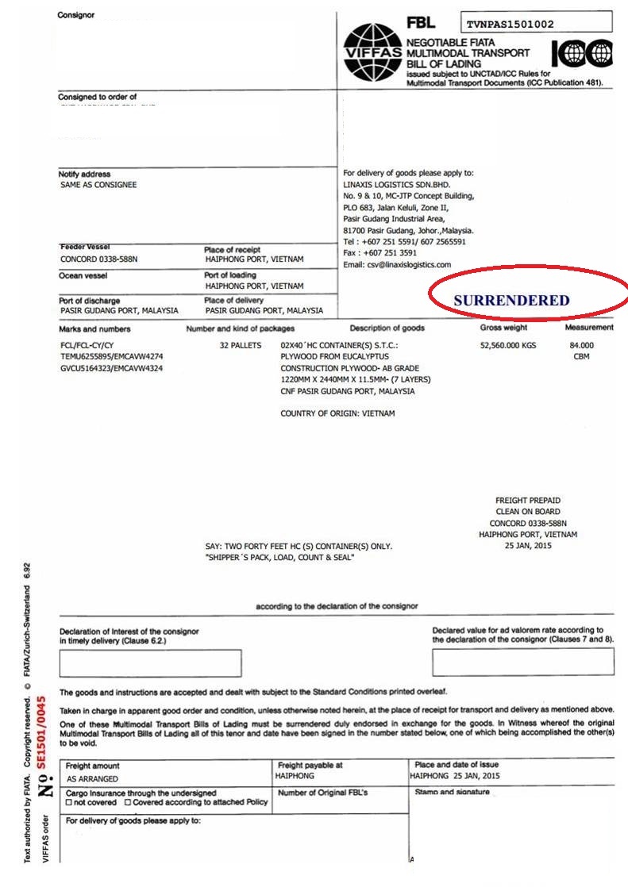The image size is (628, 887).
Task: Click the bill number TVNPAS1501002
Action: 510,25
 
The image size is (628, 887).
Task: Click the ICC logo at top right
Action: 582,53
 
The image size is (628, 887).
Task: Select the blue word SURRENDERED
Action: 511,301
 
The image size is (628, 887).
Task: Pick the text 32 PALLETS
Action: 242,346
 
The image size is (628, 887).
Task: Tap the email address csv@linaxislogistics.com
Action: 396,264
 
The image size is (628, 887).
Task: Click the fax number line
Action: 381,253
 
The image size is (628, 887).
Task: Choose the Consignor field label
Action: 75,15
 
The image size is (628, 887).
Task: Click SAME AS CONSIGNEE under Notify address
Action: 98,185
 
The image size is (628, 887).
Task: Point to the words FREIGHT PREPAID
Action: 528,501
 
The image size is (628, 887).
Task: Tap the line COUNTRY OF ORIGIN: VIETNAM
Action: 337,413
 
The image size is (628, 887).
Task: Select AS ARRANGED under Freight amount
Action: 92,779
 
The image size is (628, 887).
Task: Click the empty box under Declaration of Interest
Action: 150,662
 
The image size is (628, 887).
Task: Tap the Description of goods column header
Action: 387,328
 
